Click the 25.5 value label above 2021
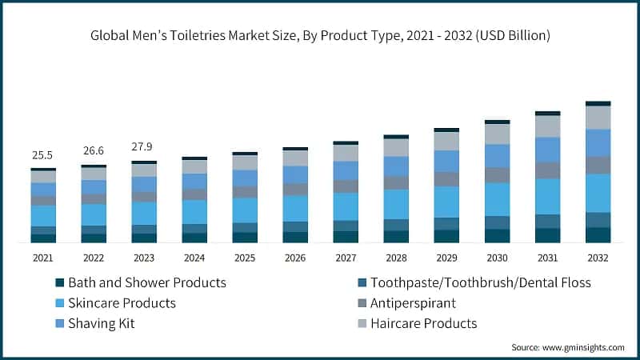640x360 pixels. (x=43, y=154)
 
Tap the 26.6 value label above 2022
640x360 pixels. (x=94, y=150)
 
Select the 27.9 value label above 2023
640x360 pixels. (x=144, y=147)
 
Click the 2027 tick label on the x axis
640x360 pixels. (x=346, y=258)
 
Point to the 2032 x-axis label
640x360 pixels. (x=598, y=258)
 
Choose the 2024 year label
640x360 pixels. (x=194, y=258)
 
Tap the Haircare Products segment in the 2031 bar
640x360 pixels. (x=548, y=126)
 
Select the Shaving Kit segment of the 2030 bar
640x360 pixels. (x=498, y=155)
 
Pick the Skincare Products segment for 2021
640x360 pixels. (x=43, y=216)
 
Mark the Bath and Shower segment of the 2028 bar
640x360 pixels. (x=396, y=236)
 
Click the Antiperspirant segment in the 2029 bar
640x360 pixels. (x=446, y=179)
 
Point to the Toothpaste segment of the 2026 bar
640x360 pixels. (x=295, y=226)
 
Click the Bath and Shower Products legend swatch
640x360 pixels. (x=59, y=283)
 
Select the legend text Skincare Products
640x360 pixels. (x=122, y=303)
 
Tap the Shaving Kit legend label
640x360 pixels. (x=102, y=323)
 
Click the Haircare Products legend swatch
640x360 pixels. (x=362, y=324)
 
